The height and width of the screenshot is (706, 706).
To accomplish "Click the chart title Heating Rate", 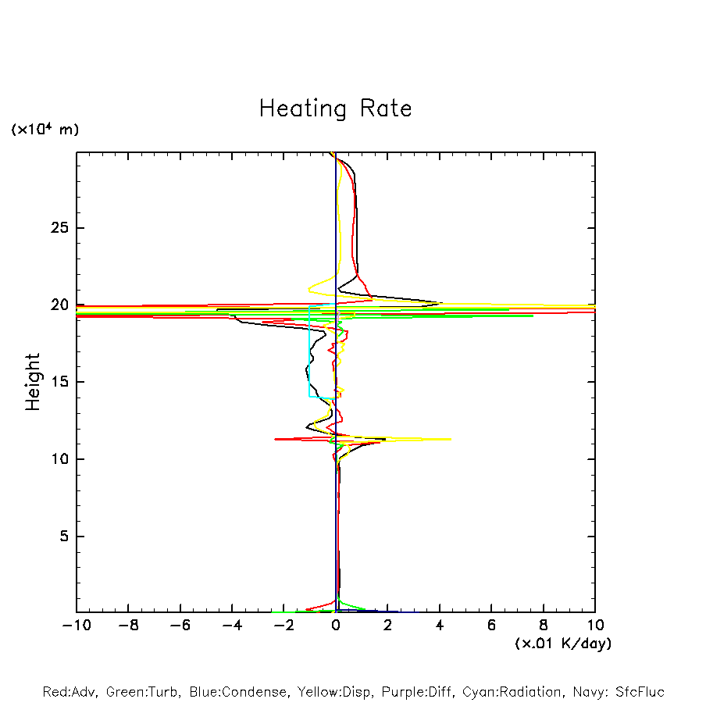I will point(335,109).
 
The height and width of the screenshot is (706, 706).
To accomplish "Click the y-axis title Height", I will point(33,382).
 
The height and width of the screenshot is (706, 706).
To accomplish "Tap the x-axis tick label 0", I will point(336,626).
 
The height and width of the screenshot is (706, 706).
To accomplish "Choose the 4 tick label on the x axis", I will point(440,626).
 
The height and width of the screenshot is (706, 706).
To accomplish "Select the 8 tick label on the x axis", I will point(544,626).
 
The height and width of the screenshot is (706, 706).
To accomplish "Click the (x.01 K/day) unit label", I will point(563,644).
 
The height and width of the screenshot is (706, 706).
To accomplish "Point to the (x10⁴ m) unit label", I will point(45,130).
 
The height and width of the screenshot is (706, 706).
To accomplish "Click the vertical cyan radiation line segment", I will point(309,351).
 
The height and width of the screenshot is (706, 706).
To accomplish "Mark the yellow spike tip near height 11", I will point(451,439).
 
